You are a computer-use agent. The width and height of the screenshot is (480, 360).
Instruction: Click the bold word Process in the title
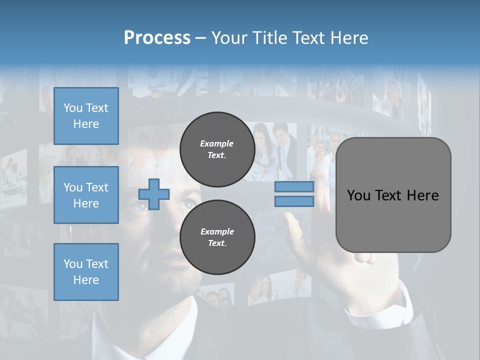pyautogui.click(x=157, y=37)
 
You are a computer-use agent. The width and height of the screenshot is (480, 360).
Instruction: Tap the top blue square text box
pyautogui.click(x=86, y=116)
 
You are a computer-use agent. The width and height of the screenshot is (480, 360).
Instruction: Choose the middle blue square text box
pyautogui.click(x=86, y=195)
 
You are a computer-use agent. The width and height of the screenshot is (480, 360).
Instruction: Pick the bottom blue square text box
pyautogui.click(x=86, y=272)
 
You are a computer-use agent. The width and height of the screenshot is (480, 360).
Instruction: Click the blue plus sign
pyautogui.click(x=154, y=194)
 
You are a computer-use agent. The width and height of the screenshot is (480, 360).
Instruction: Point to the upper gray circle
pyautogui.click(x=217, y=149)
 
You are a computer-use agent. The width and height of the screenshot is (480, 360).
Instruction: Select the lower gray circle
pyautogui.click(x=217, y=237)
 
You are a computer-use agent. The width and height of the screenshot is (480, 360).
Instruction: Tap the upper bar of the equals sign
pyautogui.click(x=294, y=187)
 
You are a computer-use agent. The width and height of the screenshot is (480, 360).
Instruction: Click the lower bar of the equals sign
pyautogui.click(x=294, y=201)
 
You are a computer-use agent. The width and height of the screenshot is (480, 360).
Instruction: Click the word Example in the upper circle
pyautogui.click(x=217, y=143)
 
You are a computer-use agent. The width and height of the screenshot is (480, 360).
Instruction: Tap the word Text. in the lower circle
pyautogui.click(x=217, y=243)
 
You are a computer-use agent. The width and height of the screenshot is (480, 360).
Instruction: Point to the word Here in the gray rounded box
pyautogui.click(x=422, y=195)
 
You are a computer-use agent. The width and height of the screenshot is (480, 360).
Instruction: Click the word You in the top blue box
pyautogui.click(x=73, y=108)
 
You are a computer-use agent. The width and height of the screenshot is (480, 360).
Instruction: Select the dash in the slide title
pyautogui.click(x=201, y=38)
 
